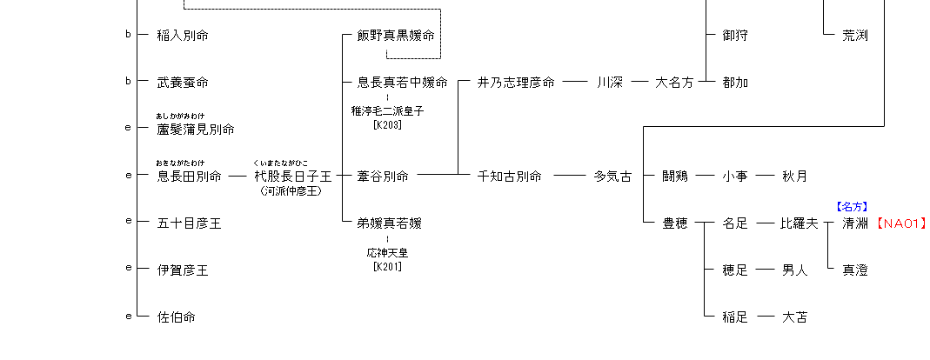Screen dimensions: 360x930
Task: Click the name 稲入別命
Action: [183, 36]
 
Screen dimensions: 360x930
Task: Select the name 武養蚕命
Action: [183, 83]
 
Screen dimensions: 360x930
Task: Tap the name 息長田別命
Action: [189, 177]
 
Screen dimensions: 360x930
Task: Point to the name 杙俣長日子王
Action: [292, 177]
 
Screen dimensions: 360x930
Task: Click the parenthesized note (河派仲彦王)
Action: [291, 190]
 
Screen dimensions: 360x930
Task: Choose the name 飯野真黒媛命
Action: [396, 36]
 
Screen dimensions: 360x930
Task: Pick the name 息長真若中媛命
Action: [402, 83]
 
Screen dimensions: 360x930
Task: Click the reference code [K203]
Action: [387, 124]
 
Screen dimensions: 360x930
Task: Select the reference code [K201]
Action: [387, 265]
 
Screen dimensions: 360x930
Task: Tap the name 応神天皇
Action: [387, 252]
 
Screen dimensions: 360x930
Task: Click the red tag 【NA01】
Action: [900, 223]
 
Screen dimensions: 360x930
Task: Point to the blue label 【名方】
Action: [852, 207]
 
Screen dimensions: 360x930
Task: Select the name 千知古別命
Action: [510, 177]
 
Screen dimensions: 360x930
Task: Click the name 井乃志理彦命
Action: [516, 83]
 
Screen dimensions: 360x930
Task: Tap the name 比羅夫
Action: [800, 223]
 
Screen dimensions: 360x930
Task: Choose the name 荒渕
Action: [855, 36]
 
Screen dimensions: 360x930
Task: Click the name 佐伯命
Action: [176, 317]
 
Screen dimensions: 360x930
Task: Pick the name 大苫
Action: [794, 317]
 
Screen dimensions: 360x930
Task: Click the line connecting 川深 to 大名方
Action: [640, 83]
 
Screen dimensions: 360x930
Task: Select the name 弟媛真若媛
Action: [389, 223]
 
